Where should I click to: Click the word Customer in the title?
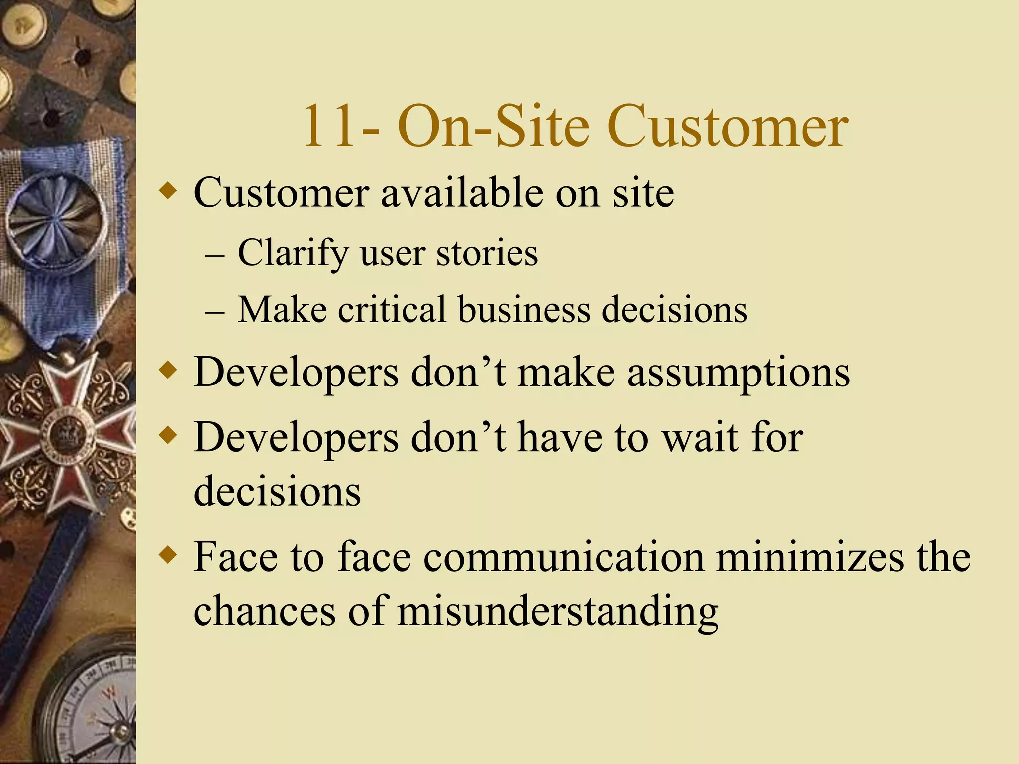727,127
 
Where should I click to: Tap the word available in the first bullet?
462,193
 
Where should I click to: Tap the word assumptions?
738,373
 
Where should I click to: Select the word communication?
564,557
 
